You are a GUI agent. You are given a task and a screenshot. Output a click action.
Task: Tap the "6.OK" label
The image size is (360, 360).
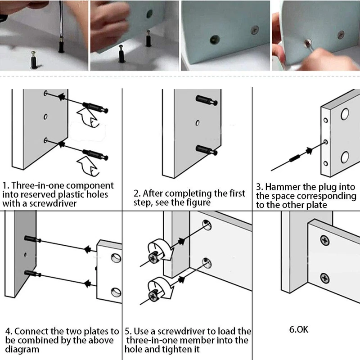[x=299, y=329]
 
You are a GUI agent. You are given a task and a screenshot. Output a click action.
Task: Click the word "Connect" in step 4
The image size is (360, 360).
[x=36, y=332]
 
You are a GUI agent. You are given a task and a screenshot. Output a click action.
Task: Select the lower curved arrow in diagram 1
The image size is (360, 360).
[x=89, y=165]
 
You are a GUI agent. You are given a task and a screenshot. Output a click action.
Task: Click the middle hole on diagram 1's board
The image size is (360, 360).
[x=45, y=117]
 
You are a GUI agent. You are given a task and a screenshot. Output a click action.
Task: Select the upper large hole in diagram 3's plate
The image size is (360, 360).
[x=344, y=113]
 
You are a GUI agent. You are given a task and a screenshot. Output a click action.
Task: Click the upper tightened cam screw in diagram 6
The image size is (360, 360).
[x=324, y=241]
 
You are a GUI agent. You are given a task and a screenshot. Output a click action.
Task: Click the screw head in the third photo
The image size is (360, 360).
[x=254, y=32]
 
